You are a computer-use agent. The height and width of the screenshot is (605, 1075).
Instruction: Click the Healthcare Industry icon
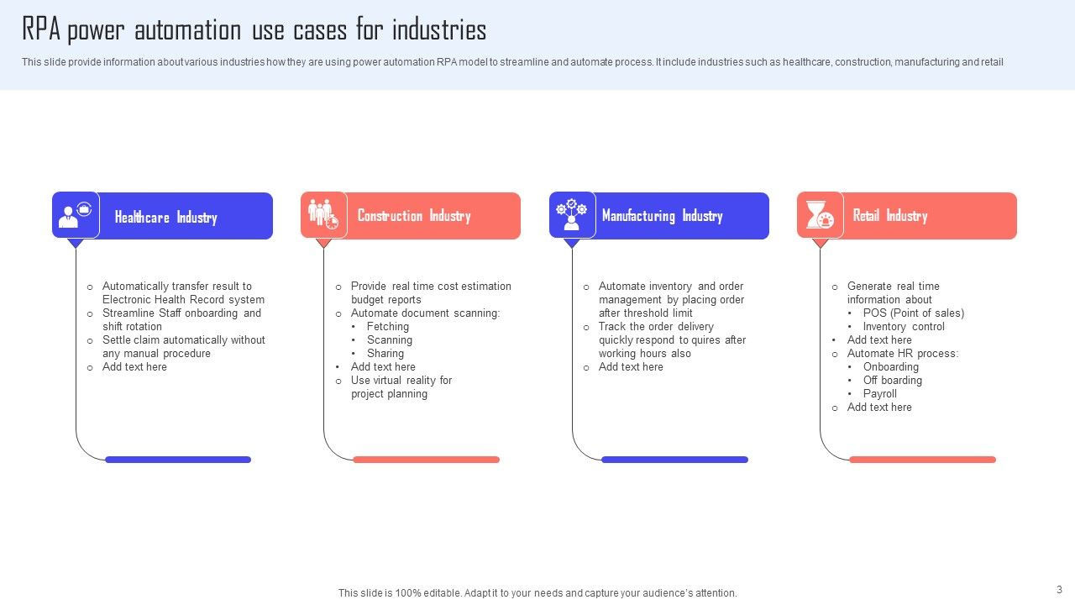click(x=76, y=215)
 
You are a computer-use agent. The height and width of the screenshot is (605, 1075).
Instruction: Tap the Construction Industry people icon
click(x=323, y=214)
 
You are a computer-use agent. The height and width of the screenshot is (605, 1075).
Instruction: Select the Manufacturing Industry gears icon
click(x=572, y=215)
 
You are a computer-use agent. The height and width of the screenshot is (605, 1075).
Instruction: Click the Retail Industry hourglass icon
click(x=820, y=215)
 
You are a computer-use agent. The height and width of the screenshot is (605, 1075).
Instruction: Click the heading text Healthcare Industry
click(x=165, y=218)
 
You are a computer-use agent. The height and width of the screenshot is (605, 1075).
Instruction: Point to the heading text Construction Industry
click(x=413, y=216)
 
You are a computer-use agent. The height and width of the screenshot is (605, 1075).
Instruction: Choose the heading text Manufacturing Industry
click(x=662, y=216)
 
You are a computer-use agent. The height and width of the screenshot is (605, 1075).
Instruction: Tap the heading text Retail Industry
click(x=889, y=216)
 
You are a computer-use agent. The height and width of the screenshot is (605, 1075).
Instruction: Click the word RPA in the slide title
click(x=40, y=31)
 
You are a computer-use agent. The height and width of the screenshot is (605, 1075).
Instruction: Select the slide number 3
click(x=1059, y=590)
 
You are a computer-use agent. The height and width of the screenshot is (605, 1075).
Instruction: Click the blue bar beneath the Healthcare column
click(x=178, y=460)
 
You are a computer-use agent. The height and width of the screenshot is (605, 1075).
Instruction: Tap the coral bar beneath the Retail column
click(x=922, y=460)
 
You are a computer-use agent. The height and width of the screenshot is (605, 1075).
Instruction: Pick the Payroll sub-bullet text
click(x=879, y=394)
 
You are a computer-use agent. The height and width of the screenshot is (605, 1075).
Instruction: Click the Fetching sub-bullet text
click(x=387, y=327)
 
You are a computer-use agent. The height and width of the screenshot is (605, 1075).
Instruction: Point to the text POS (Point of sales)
click(x=913, y=313)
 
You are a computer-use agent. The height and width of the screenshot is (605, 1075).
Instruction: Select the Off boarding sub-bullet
click(x=892, y=381)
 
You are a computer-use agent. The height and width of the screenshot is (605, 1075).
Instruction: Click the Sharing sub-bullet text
click(x=385, y=354)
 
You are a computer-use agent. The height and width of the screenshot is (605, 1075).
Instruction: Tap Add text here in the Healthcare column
click(x=134, y=367)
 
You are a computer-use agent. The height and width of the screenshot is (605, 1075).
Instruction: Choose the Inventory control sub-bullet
click(x=903, y=327)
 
